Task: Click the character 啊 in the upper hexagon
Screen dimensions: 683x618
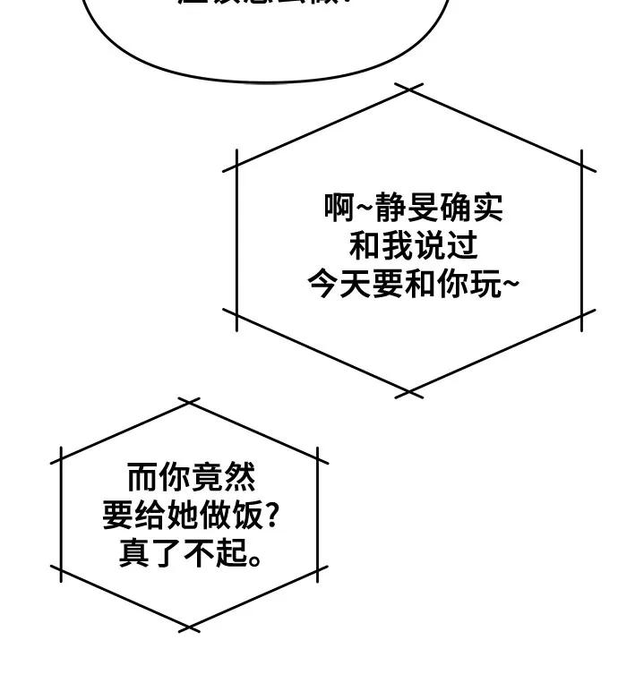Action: click(x=339, y=209)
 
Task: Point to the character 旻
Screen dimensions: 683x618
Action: click(x=421, y=209)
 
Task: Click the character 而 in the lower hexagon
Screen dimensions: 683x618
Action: click(x=141, y=476)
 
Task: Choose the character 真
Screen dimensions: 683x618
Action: click(x=134, y=552)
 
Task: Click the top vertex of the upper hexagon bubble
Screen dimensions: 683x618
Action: click(x=408, y=88)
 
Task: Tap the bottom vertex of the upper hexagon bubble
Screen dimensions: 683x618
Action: click(x=408, y=392)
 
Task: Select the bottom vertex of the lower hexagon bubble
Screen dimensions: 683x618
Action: click(x=189, y=628)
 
